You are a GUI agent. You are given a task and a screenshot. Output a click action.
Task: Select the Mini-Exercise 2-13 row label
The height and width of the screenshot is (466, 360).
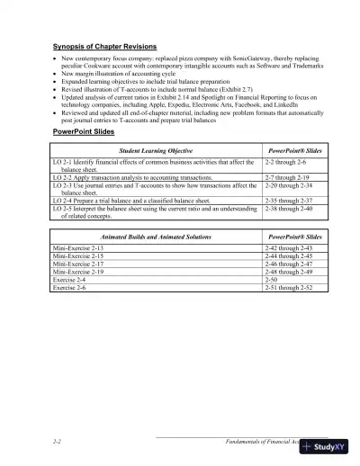(x=78, y=246)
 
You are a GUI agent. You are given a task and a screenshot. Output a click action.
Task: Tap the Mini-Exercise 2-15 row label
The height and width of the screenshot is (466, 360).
(x=78, y=255)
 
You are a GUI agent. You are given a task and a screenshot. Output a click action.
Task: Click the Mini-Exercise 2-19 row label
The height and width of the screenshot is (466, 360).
(x=78, y=271)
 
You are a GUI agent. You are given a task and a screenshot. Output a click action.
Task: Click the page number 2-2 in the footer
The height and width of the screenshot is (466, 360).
(x=58, y=443)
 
